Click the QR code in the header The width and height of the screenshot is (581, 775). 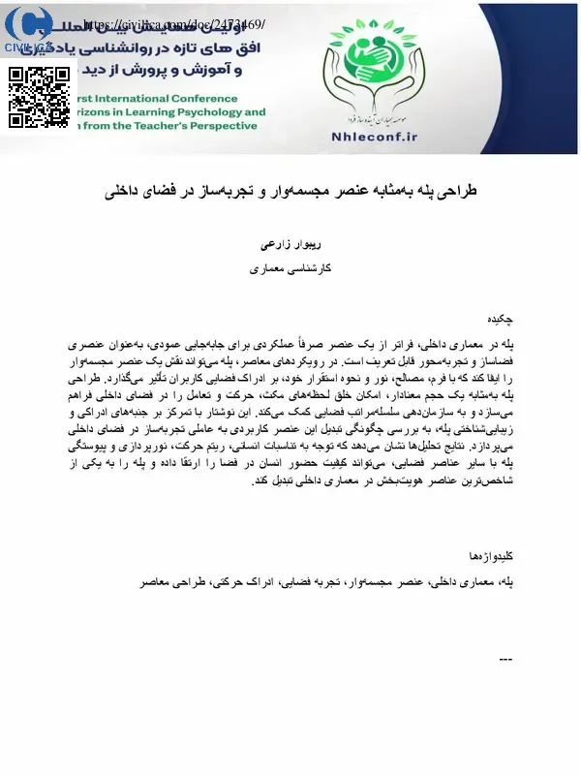[40, 97]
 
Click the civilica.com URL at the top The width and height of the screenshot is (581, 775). [173, 23]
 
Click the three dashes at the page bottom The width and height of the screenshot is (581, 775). [504, 661]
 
